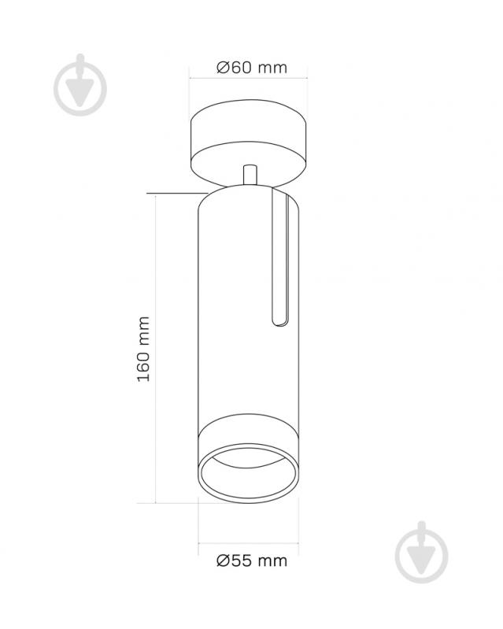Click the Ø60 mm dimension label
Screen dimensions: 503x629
coord(252,68)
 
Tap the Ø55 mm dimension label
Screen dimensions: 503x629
coord(252,561)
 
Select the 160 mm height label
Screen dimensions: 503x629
coord(143,349)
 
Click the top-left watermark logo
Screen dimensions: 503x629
coord(80,85)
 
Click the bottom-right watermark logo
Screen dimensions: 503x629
coord(421,553)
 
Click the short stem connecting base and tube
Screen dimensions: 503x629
coord(250,175)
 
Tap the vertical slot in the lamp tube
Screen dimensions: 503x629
coord(280,257)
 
